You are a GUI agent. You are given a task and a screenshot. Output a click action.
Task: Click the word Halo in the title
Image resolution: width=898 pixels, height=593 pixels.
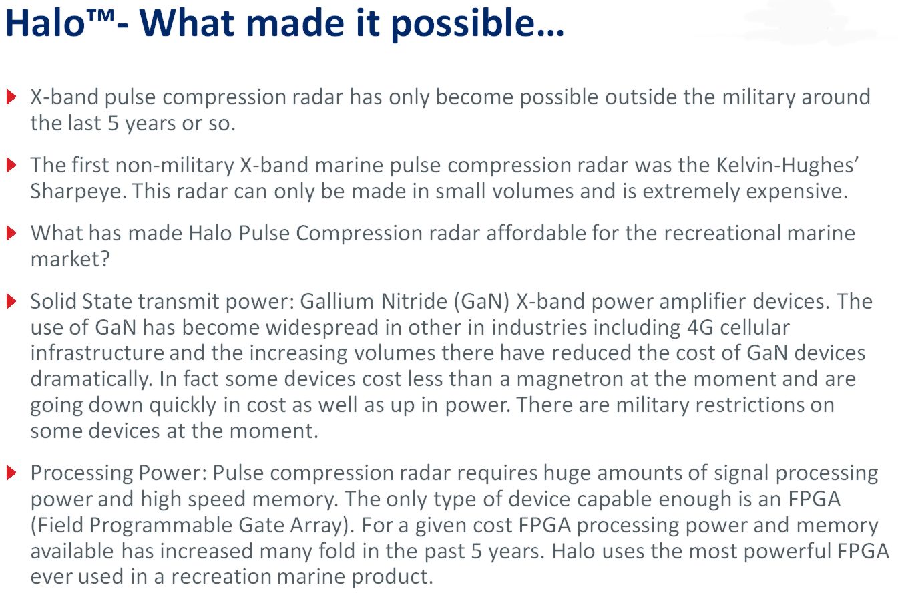point(45,23)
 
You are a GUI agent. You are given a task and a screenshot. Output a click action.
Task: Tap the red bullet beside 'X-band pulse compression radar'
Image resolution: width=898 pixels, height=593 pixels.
point(11,97)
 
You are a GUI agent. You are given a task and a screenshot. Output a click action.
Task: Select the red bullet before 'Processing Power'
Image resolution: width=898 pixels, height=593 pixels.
point(11,473)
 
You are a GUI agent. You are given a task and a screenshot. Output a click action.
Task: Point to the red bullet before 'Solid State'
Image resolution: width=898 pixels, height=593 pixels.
point(11,301)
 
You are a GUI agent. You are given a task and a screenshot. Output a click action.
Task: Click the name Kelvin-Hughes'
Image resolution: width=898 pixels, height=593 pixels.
point(787,165)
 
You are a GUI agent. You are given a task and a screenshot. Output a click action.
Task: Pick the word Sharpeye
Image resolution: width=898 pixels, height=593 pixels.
point(78,192)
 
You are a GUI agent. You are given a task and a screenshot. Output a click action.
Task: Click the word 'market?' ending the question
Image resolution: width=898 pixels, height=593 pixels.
point(70,259)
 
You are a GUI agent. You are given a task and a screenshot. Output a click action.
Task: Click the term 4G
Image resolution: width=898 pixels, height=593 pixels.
point(700,327)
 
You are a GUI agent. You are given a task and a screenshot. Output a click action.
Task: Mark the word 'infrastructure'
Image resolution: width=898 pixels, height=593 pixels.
point(97,353)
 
